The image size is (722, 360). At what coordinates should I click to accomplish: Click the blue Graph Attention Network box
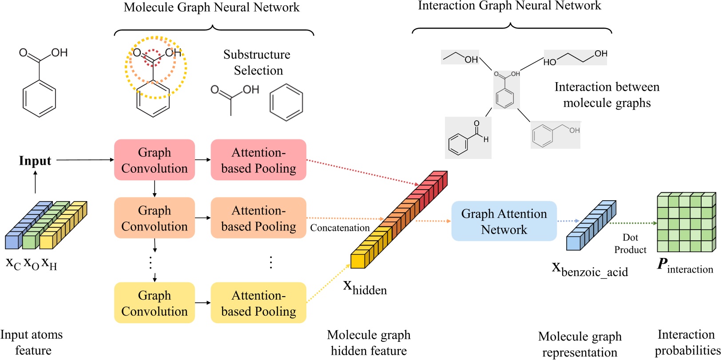pyautogui.click(x=504, y=221)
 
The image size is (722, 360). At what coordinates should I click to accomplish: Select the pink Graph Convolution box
pyautogui.click(x=155, y=160)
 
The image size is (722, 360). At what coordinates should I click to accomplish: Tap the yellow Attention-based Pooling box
pyautogui.click(x=258, y=303)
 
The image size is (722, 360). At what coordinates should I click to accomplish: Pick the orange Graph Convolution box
pyautogui.click(x=155, y=218)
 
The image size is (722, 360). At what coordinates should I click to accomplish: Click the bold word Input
pyautogui.click(x=35, y=161)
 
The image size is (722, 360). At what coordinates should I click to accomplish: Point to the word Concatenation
pyautogui.click(x=340, y=228)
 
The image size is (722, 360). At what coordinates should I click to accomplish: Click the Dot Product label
pyautogui.click(x=630, y=244)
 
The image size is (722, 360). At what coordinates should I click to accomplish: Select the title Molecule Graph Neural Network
pyautogui.click(x=211, y=8)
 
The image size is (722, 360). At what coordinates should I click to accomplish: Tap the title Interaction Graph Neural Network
pyautogui.click(x=509, y=6)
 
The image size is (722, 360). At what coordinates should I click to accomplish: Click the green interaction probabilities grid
pyautogui.click(x=686, y=222)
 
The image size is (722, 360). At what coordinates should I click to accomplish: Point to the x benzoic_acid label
pyautogui.click(x=590, y=269)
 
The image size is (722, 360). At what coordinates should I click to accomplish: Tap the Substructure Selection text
pyautogui.click(x=258, y=62)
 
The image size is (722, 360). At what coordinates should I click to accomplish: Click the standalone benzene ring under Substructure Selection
pyautogui.click(x=286, y=103)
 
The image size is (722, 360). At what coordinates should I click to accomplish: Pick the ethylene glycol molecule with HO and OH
pyautogui.click(x=575, y=57)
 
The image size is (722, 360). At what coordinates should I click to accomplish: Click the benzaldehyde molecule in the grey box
pyautogui.click(x=468, y=138)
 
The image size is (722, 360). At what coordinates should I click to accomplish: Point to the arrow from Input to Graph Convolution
pyautogui.click(x=84, y=160)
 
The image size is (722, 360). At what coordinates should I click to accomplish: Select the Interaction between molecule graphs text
pyautogui.click(x=607, y=95)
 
